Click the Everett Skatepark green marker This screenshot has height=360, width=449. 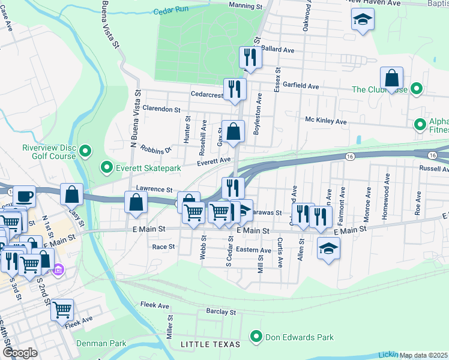pyautogui.click(x=107, y=167)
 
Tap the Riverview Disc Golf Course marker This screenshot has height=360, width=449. pyautogui.click(x=85, y=151)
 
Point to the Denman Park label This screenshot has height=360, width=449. pyautogui.click(x=101, y=343)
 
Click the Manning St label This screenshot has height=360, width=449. pyautogui.click(x=246, y=5)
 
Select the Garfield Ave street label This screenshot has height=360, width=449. pyautogui.click(x=301, y=86)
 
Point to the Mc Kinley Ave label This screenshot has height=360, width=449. pyautogui.click(x=326, y=121)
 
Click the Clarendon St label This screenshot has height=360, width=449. pyautogui.click(x=160, y=110)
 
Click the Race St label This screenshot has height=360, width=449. pyautogui.click(x=163, y=247)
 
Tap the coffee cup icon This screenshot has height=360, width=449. pyautogui.click(x=25, y=196)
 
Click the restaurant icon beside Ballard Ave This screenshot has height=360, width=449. pyautogui.click(x=251, y=58)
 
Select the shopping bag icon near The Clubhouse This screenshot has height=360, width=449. pyautogui.click(x=391, y=78)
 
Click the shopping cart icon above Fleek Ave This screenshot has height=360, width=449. pyautogui.click(x=62, y=310)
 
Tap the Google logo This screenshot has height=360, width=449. pyautogui.click(x=20, y=352)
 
